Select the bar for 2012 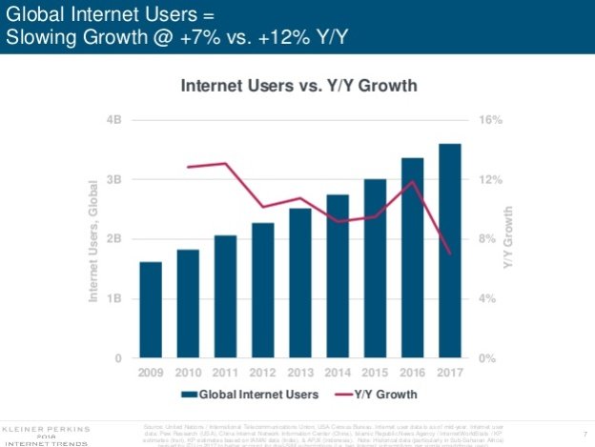pos(262,291)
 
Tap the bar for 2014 pos(338,276)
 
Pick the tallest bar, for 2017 pos(449,251)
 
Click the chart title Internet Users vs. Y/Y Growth pos(299,87)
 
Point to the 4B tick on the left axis pos(115,120)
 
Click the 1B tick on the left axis pos(115,298)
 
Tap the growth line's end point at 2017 pos(449,254)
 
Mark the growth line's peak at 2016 pos(412,181)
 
